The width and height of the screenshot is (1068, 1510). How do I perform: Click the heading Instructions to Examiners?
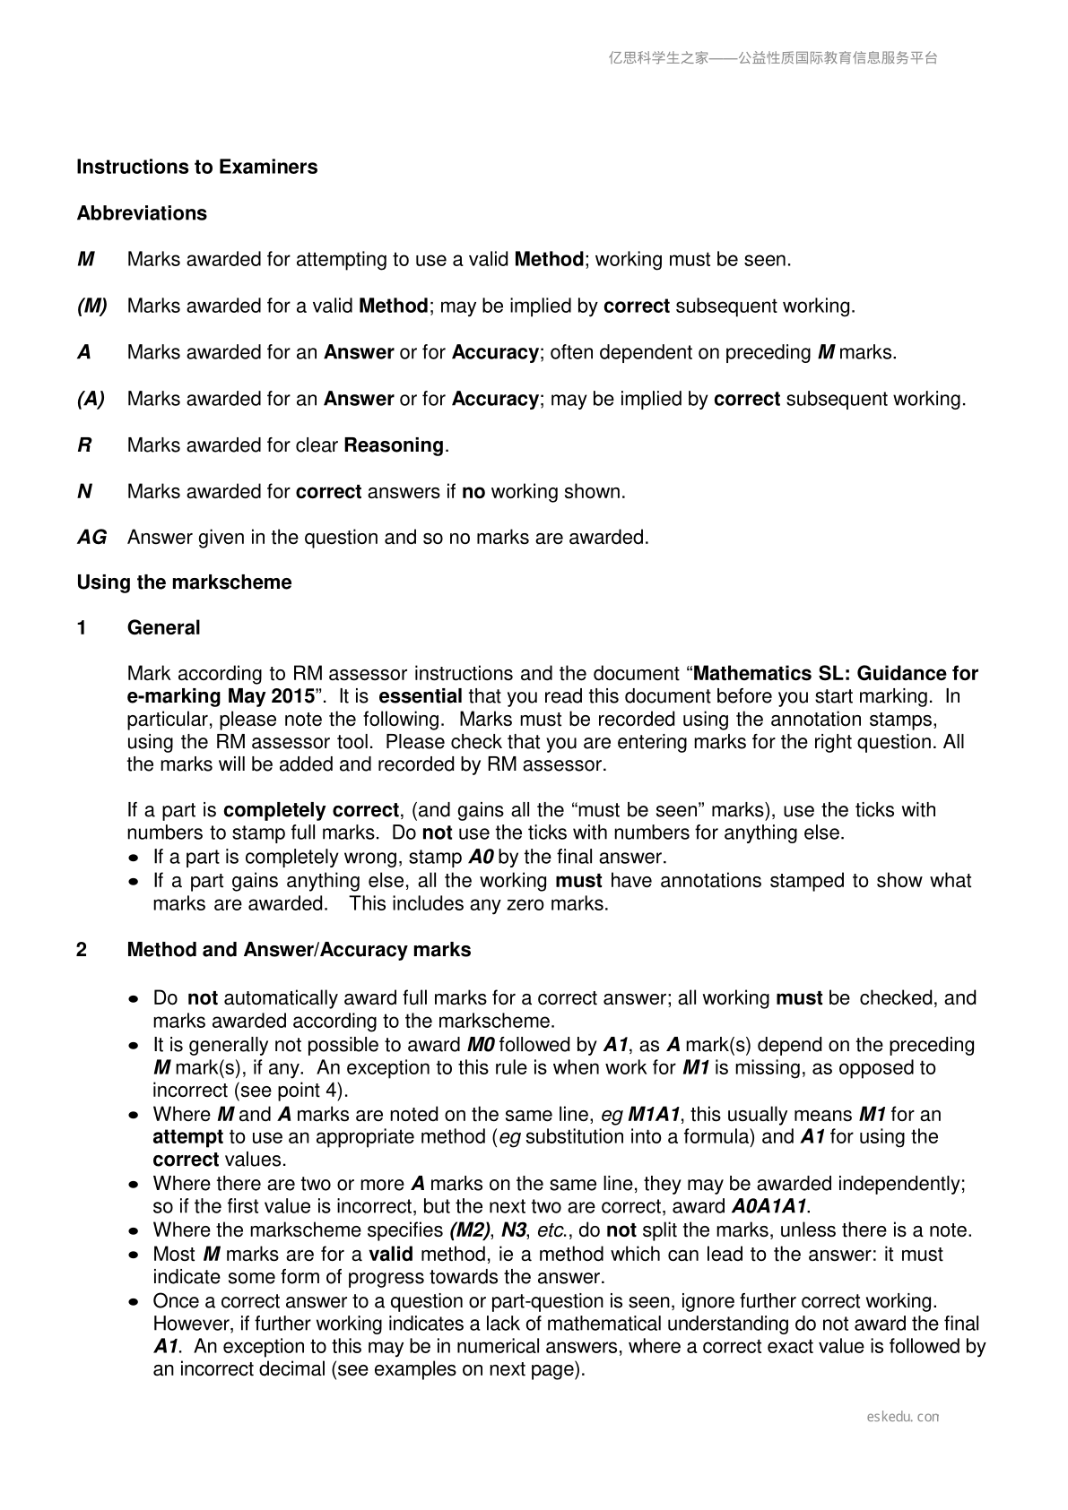click(196, 167)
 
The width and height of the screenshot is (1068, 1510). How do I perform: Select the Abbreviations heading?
click(142, 213)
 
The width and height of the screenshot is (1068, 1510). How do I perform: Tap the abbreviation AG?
click(91, 538)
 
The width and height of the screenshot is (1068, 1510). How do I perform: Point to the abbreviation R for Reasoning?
click(84, 445)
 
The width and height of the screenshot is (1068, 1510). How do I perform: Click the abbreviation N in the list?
click(84, 492)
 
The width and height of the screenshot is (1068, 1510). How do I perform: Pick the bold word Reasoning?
click(394, 445)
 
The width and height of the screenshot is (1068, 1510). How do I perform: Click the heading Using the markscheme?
click(184, 582)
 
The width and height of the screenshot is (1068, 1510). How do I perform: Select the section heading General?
click(163, 628)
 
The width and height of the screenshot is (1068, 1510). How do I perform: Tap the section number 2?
click(82, 950)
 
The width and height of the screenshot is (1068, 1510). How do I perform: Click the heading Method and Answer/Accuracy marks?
click(299, 950)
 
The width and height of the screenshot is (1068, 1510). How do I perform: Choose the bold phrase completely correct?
click(310, 810)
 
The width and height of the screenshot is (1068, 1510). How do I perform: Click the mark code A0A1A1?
click(769, 1206)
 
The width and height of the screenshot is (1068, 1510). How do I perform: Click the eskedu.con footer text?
click(903, 1417)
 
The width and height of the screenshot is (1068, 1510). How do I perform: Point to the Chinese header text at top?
click(773, 58)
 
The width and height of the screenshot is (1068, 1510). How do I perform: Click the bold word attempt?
click(187, 1137)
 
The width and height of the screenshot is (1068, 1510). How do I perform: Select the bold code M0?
click(482, 1045)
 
